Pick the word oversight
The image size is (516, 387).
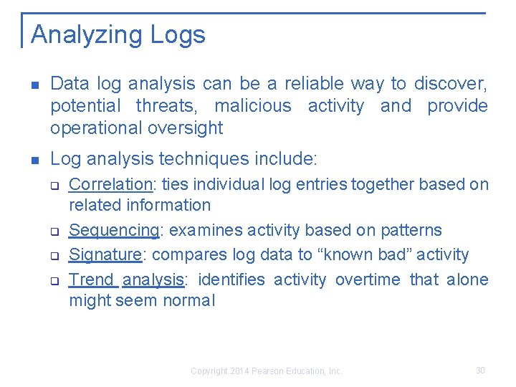pyautogui.click(x=188, y=128)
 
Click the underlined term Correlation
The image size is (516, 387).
pyautogui.click(x=111, y=184)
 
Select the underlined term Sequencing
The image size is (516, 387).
pyautogui.click(x=113, y=231)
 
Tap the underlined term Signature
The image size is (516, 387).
pyautogui.click(x=105, y=255)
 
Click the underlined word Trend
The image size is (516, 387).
pyautogui.click(x=91, y=279)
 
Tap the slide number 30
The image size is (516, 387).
pyautogui.click(x=480, y=371)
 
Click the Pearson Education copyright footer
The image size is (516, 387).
pyautogui.click(x=267, y=371)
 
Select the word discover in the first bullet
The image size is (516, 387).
pyautogui.click(x=454, y=84)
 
